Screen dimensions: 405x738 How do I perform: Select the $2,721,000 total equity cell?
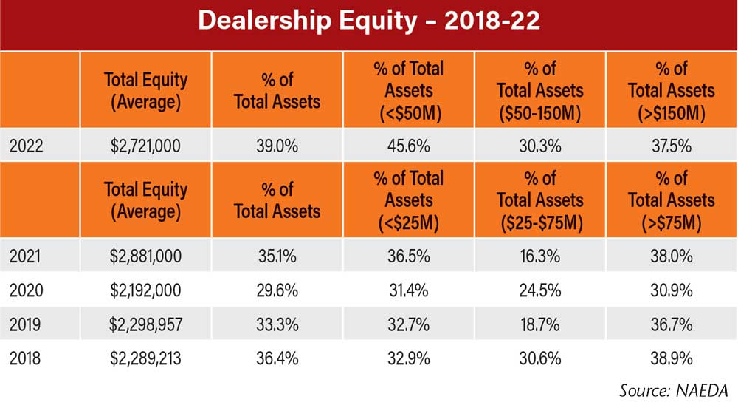(x=146, y=146)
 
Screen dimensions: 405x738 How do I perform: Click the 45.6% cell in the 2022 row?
(x=409, y=146)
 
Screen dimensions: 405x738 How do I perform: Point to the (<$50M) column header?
(x=409, y=91)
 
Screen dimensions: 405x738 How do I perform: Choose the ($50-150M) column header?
(x=540, y=91)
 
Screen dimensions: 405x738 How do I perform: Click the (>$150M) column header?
(x=672, y=91)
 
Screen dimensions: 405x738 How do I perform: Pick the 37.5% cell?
(x=672, y=146)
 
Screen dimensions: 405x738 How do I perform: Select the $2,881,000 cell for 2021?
(x=146, y=256)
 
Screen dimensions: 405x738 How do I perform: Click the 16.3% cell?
(x=540, y=256)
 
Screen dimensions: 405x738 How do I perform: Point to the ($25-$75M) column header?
(x=540, y=200)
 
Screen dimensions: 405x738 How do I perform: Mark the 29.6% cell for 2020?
(x=277, y=290)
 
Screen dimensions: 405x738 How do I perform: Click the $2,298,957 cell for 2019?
(x=146, y=324)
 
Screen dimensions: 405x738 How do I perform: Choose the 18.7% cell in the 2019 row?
(x=540, y=324)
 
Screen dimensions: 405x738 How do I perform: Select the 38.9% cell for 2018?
(x=672, y=359)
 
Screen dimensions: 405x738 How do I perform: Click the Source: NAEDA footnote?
(x=673, y=389)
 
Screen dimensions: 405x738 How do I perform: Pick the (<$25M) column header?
(x=409, y=200)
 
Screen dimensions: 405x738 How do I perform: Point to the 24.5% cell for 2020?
(x=540, y=290)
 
